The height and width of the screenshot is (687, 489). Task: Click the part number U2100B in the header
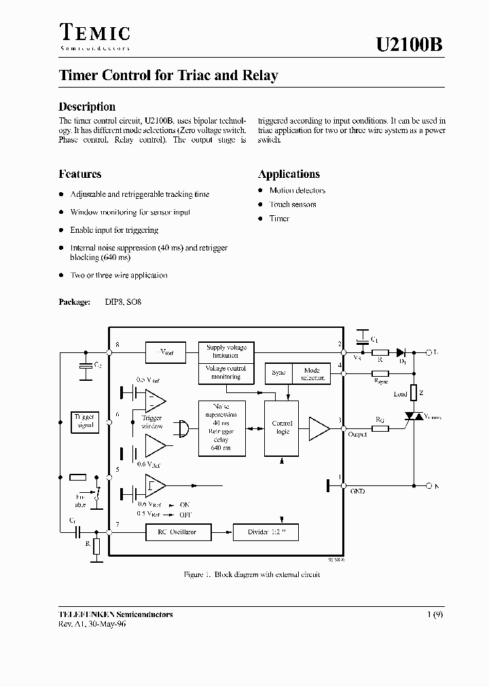pos(410,45)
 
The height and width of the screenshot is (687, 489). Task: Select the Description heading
pos(87,107)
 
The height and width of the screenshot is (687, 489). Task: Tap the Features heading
pos(80,174)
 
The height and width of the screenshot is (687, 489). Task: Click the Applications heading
pos(289,174)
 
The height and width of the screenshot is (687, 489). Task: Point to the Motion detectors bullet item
pos(297,191)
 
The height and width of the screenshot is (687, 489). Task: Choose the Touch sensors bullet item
pos(293,204)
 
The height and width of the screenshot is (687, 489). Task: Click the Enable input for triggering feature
pos(114,230)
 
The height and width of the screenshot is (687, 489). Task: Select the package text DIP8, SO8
pos(123,301)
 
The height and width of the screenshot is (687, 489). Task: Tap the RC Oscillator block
pos(173,532)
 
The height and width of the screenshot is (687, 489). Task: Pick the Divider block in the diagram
pos(265,532)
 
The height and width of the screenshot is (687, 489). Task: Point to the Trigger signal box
pos(86,422)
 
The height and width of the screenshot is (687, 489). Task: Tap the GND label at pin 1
pos(357,491)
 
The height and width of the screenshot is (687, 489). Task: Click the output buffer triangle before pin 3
pos(319,428)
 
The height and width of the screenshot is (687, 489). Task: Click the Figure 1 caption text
pos(252,575)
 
